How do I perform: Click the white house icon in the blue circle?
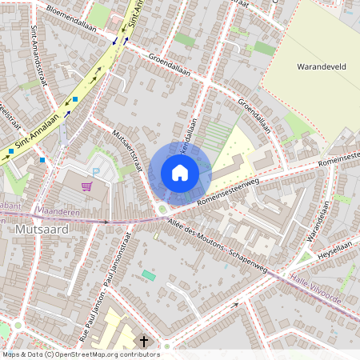click(x=180, y=173)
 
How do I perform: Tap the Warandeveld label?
click(x=320, y=67)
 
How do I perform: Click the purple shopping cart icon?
click(x=86, y=187)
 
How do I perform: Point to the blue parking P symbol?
click(x=97, y=171)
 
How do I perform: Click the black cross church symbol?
click(x=144, y=342)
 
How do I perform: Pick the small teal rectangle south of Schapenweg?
click(x=149, y=275)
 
